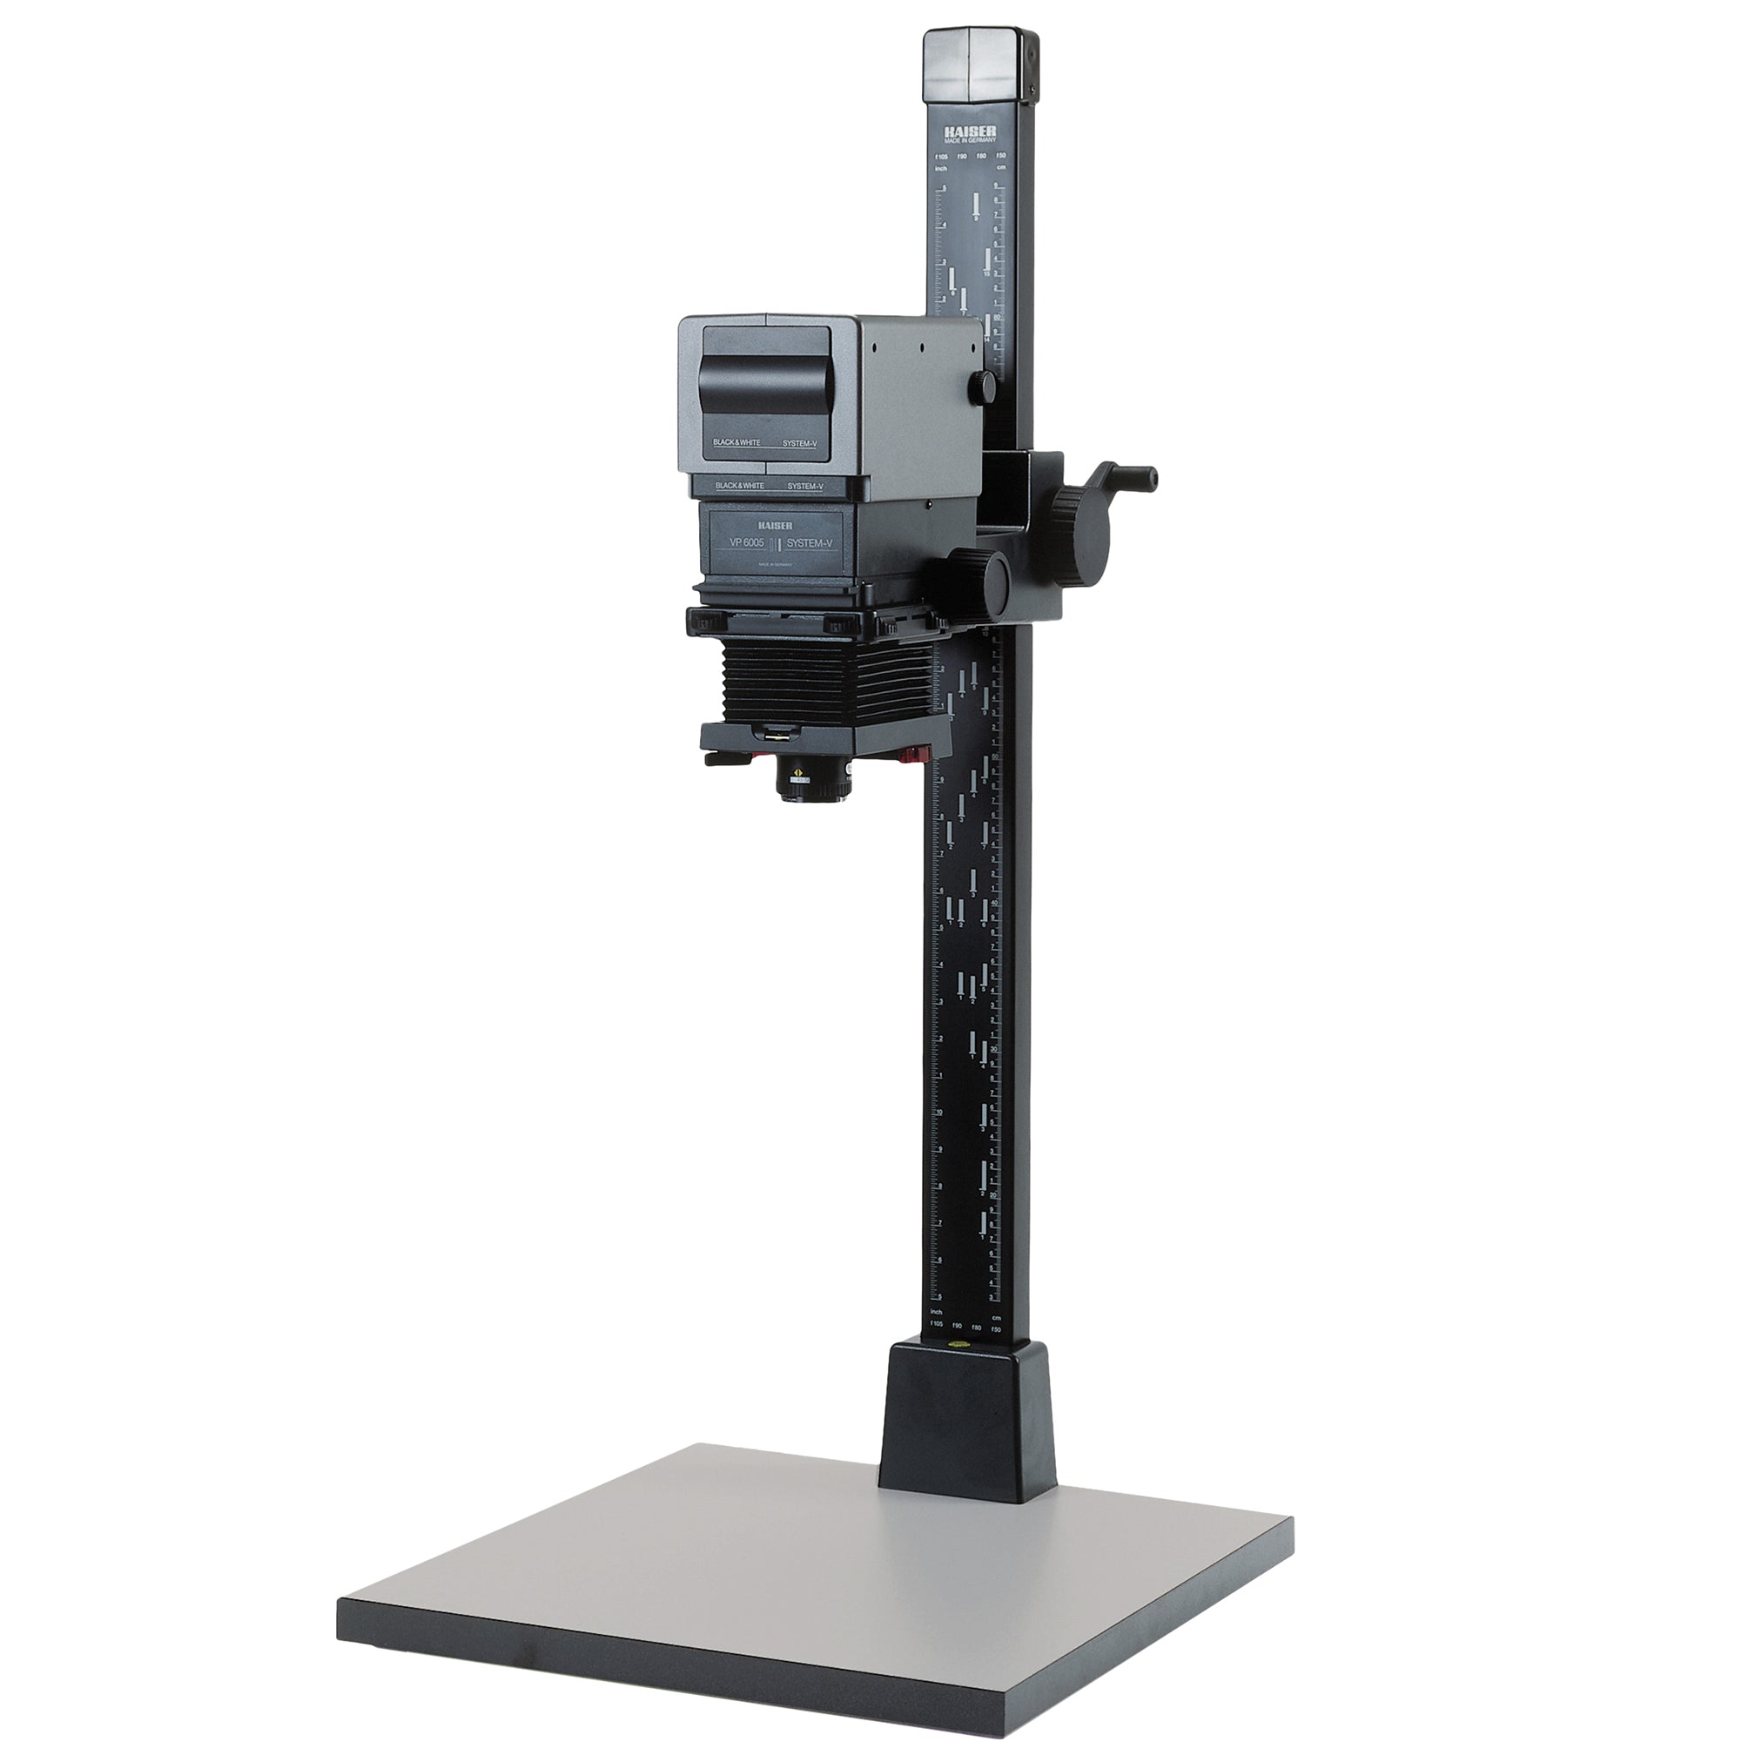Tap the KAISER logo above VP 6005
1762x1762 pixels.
tap(774, 525)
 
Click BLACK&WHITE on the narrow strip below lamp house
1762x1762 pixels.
tap(740, 486)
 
